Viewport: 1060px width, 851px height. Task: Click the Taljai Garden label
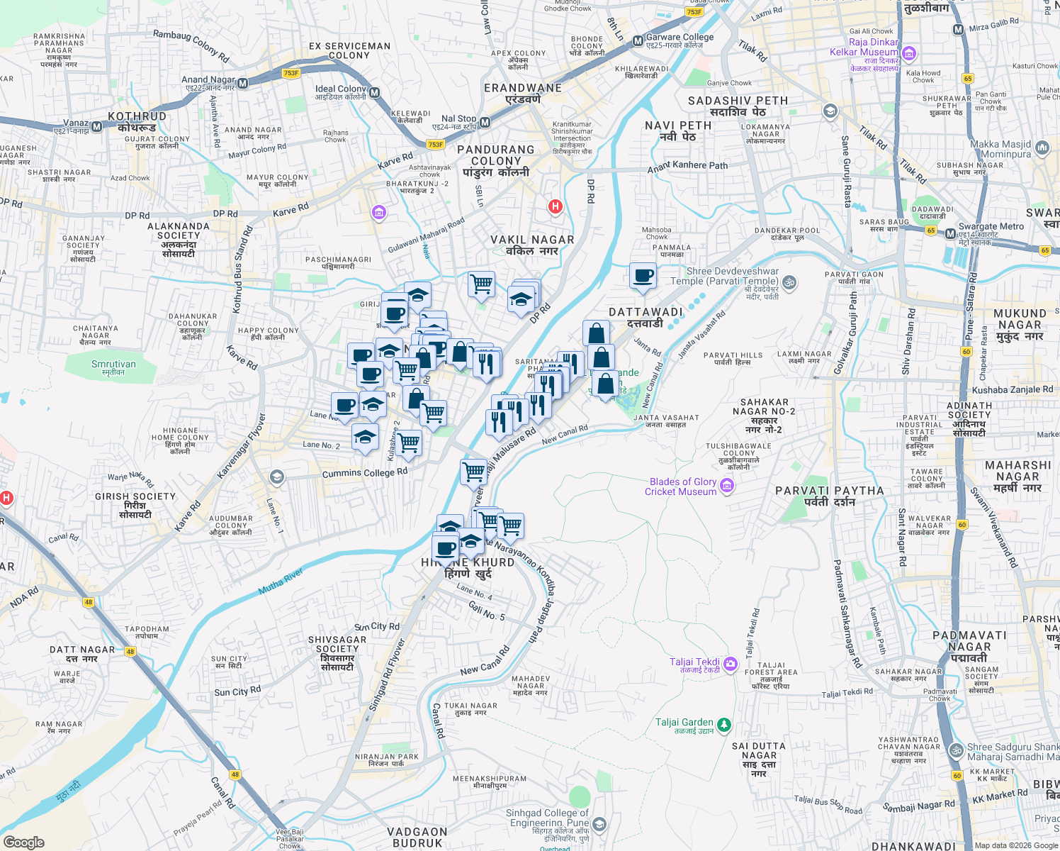click(684, 723)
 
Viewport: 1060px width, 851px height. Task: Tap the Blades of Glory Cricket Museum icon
click(726, 486)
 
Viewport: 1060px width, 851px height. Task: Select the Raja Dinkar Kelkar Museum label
click(864, 47)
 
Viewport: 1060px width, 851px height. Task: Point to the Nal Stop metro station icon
click(485, 123)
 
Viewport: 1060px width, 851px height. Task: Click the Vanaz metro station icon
click(97, 126)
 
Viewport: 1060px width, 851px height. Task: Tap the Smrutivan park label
click(113, 365)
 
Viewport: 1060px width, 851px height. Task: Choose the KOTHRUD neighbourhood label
click(137, 116)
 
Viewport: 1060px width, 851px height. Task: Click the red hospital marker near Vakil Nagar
click(555, 206)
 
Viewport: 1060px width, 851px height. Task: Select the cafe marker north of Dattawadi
click(643, 276)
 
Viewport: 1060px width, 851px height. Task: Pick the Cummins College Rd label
click(365, 473)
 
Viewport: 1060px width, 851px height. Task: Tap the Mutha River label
click(281, 582)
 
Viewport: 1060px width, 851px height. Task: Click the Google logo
click(24, 842)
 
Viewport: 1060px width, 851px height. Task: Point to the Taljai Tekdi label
click(694, 662)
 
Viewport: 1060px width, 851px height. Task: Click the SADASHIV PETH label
click(738, 101)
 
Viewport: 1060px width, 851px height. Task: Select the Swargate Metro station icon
click(950, 233)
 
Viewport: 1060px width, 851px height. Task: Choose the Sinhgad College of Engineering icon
click(599, 823)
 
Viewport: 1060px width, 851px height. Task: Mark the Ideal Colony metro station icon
click(374, 92)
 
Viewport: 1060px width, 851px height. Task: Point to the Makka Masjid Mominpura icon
click(1042, 148)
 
